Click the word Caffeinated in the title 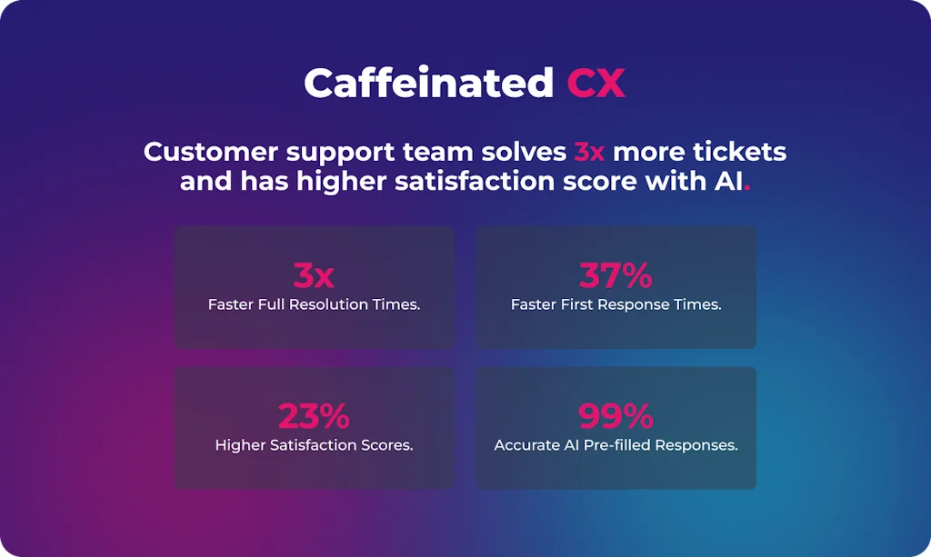(x=428, y=84)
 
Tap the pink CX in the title (x=596, y=84)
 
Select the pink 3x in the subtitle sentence (x=589, y=151)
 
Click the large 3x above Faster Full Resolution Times (x=314, y=275)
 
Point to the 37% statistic (x=616, y=275)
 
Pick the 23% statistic (x=314, y=416)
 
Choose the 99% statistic (x=616, y=416)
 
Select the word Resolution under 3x (x=330, y=304)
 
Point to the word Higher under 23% (x=241, y=445)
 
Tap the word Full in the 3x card (x=270, y=304)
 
